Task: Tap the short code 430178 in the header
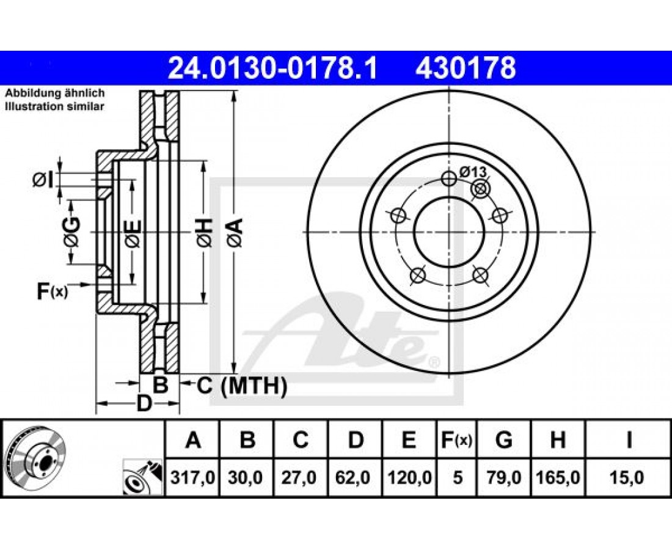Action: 465,68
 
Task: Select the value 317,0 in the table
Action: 192,477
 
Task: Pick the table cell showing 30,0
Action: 246,477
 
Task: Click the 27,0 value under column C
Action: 299,477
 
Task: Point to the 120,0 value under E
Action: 410,477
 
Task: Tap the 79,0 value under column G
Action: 504,477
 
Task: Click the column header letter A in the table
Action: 193,440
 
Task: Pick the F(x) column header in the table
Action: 456,440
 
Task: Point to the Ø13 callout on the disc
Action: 473,172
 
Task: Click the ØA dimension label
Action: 236,232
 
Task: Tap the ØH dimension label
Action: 205,232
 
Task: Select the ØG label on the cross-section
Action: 71,232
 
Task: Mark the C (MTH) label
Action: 241,386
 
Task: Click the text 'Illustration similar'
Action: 54,107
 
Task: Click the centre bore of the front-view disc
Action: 449,232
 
